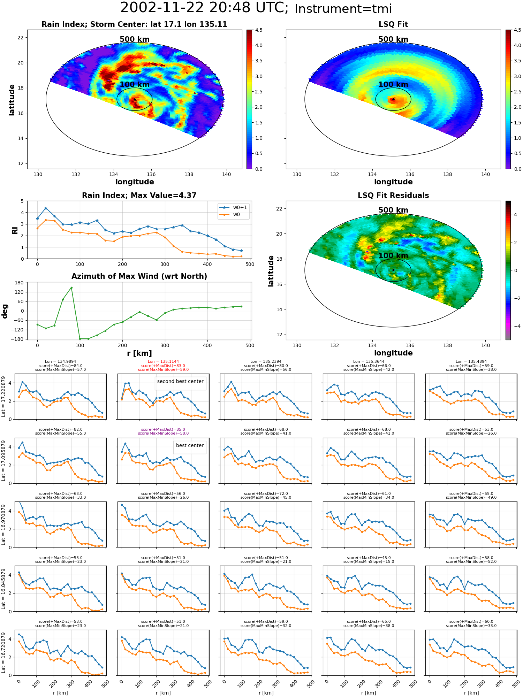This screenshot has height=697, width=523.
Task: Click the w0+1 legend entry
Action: pos(233,207)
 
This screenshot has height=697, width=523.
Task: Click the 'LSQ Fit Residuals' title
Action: pos(393,196)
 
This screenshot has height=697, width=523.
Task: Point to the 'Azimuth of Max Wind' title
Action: pos(139,276)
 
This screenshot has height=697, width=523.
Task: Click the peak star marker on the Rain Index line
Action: pos(46,208)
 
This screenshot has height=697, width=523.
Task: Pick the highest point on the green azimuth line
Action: pos(71,288)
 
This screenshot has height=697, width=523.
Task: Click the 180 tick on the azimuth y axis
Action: pos(19,283)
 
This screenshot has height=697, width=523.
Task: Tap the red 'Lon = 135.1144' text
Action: pos(163,362)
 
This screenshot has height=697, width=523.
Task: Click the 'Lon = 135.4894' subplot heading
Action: pos(471,362)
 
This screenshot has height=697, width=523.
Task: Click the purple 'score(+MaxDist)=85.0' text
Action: pos(163,429)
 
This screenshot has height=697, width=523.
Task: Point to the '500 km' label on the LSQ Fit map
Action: pos(393,39)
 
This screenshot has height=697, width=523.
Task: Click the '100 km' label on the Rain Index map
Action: pos(135,85)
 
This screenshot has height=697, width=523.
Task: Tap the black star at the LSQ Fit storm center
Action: pos(393,99)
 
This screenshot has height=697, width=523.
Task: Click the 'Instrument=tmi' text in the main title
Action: pos(343,9)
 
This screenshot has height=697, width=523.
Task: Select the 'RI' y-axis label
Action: pos(15,230)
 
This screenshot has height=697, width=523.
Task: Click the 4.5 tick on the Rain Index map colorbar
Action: pos(259,30)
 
